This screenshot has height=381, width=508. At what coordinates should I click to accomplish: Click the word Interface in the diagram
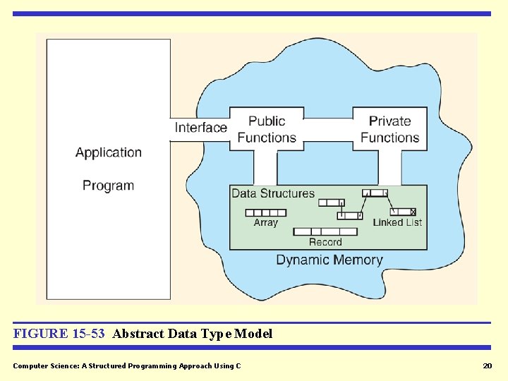pos(201,128)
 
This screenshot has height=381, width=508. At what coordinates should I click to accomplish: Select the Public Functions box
pos(267,129)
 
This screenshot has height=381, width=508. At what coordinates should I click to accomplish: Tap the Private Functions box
pos(389,129)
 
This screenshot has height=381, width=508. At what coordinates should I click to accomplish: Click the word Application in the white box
pos(109,152)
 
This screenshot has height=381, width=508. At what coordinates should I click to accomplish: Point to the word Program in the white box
pos(108,186)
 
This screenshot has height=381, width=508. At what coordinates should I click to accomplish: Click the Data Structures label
pos(273,193)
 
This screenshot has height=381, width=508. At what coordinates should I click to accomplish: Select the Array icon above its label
pos(265,212)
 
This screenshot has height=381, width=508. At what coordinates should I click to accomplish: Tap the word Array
pos(266,223)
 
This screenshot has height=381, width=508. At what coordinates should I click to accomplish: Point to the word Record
pos(325,242)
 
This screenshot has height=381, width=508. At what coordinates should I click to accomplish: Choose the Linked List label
pos(397,222)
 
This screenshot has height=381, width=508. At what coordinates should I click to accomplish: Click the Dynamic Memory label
pos(329,260)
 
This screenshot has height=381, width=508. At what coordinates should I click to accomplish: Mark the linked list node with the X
pos(404,212)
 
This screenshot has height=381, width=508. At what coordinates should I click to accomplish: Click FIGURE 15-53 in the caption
pos(59,334)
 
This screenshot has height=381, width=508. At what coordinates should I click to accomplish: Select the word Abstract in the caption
pos(138,334)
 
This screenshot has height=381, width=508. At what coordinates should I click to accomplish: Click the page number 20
pos(487,365)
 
